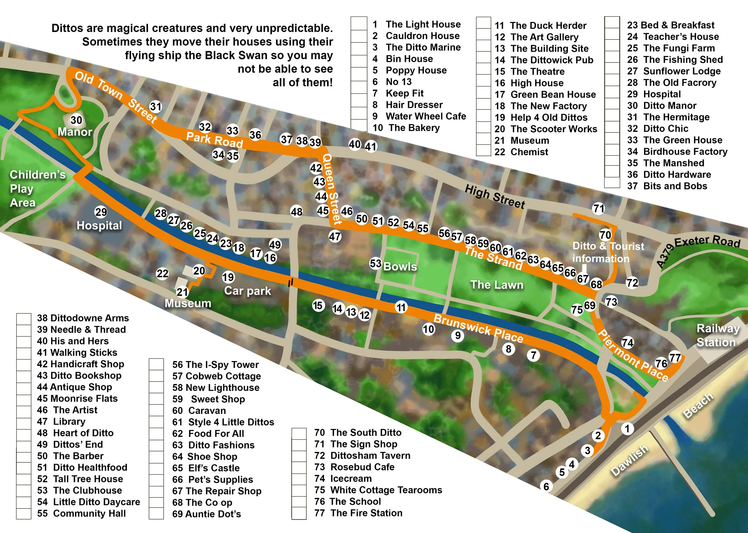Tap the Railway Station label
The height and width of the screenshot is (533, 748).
pos(718,335)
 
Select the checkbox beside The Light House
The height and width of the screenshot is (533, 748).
pos(359,24)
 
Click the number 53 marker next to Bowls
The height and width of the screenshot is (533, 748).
pos(375,263)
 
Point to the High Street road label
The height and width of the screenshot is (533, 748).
pos(495,197)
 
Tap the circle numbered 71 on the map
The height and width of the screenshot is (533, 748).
pos(599,208)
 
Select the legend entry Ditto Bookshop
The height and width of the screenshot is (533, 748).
pos(79,375)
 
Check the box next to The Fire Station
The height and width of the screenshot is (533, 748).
pos(299,513)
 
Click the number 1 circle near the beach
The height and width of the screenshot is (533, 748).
pos(627,429)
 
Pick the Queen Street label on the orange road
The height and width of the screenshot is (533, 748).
pos(332,189)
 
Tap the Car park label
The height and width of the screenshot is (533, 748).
pos(247,291)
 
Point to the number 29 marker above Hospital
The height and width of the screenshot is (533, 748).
pos(101,212)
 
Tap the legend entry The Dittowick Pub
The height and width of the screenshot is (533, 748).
pos(544,60)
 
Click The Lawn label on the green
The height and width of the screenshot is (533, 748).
pos(497,284)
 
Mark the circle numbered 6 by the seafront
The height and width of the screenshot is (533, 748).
pos(546,486)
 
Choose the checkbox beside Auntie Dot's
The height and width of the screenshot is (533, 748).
pos(156,514)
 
